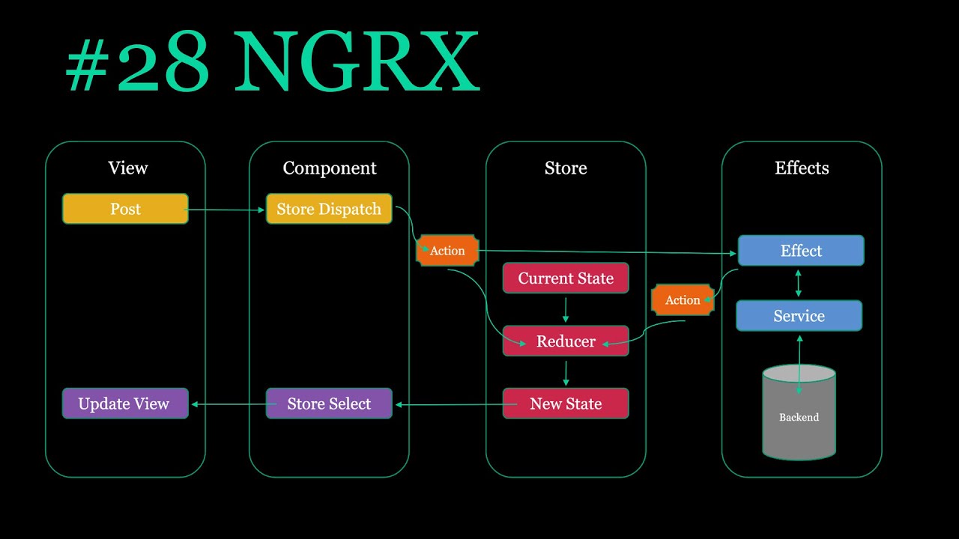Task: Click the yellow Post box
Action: pos(125,209)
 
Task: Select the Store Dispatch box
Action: pos(329,209)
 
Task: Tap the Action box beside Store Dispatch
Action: pos(447,250)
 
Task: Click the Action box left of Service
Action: pos(683,300)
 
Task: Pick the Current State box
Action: pos(566,278)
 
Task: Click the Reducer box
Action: pos(566,341)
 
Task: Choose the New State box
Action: pos(566,404)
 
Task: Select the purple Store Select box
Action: pos(329,404)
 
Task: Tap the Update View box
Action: pos(125,404)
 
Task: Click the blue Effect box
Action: pos(801,250)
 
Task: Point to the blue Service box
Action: pos(799,316)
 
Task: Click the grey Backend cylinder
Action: pos(799,412)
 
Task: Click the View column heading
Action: pos(128,168)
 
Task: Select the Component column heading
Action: pos(330,168)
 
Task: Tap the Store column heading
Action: pos(566,168)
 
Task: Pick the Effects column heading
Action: pos(802,168)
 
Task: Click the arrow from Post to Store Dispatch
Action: pos(225,210)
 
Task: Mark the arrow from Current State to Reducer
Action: pos(566,310)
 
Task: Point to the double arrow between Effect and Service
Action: pos(798,283)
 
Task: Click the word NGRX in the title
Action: pos(357,61)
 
